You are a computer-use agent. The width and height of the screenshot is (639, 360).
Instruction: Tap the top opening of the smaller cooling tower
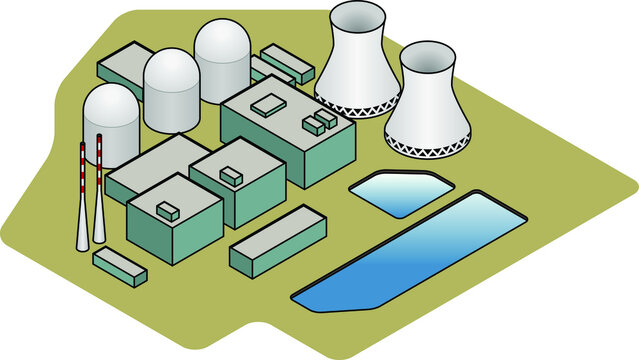pyautogui.click(x=427, y=59)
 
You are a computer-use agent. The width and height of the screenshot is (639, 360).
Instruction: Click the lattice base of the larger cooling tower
pyautogui.click(x=357, y=107)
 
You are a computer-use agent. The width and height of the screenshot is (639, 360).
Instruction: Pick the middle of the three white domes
pyautogui.click(x=172, y=88)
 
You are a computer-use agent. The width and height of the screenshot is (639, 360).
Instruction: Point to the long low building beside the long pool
pyautogui.click(x=276, y=241)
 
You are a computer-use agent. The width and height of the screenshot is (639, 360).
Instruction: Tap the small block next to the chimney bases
pyautogui.click(x=120, y=266)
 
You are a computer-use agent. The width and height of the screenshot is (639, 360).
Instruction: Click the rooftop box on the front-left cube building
pyautogui.click(x=168, y=210)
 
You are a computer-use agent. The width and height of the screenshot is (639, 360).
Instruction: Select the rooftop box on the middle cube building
pyautogui.click(x=231, y=176)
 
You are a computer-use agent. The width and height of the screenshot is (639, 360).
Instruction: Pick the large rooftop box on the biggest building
pyautogui.click(x=268, y=105)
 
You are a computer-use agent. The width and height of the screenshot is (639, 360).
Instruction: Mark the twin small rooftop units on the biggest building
pyautogui.click(x=320, y=123)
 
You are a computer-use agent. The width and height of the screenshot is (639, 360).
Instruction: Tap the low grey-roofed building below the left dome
pyautogui.click(x=150, y=165)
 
